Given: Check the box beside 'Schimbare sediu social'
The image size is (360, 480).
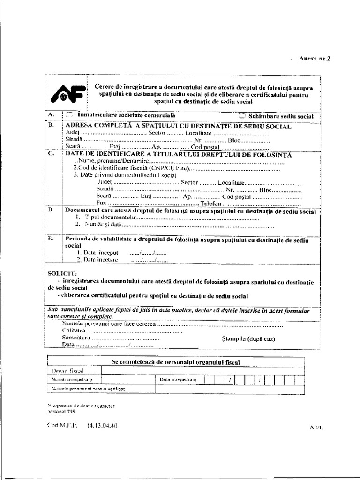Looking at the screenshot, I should click(242, 115).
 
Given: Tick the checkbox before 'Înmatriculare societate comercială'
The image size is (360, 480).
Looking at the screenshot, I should click(70, 113).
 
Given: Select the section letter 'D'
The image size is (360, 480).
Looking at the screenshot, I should click(51, 210).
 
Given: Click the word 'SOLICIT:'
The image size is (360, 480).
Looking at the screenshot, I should click(63, 273).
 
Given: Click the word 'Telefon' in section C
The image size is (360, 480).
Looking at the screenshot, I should click(210, 204).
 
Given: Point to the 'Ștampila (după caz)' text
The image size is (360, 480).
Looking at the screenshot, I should click(247, 339).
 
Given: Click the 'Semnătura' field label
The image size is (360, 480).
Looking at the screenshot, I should click(75, 337).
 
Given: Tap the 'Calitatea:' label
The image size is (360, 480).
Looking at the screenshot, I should click(75, 331).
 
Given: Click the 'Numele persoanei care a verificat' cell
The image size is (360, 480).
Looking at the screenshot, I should click(82, 389).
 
